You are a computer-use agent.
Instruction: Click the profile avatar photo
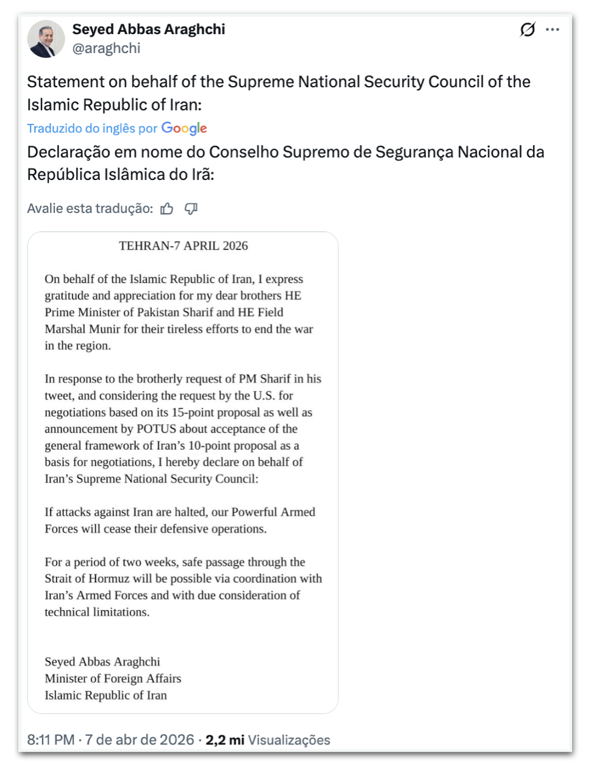(46, 39)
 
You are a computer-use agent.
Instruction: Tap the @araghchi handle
(106, 49)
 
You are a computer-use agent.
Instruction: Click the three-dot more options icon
(553, 29)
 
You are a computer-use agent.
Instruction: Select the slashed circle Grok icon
(528, 29)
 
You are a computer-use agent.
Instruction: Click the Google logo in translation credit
(184, 128)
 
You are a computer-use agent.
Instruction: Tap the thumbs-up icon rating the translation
(167, 209)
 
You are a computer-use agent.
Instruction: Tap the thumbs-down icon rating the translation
(191, 209)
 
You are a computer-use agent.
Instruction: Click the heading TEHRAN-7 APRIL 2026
(183, 246)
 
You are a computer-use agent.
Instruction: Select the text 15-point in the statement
(194, 413)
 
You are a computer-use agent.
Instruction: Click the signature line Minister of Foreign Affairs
(113, 679)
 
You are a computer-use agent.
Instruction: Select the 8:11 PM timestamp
(51, 740)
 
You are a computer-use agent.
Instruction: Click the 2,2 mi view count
(224, 740)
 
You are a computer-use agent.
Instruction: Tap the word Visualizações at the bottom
(289, 740)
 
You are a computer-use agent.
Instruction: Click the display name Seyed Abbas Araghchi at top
(149, 29)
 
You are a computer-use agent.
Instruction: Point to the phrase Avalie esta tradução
(90, 209)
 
